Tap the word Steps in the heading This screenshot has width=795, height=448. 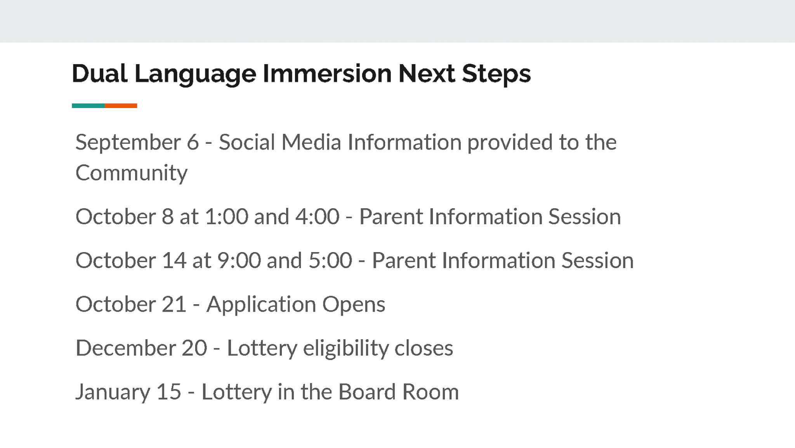pos(496,74)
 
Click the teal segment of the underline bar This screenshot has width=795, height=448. pos(88,106)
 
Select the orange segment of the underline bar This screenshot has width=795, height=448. pos(121,106)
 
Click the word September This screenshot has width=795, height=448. pos(128,143)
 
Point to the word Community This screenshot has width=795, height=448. pos(131,173)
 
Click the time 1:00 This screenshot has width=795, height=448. pos(227,216)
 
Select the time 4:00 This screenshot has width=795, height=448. pos(318,216)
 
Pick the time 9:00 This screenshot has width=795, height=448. pos(239,260)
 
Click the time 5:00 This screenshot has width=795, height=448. pos(330,260)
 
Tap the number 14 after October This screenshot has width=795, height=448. pos(174,260)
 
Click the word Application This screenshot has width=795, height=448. pos(261,305)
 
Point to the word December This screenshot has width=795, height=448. pos(126,348)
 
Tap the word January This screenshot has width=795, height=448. pos(113,392)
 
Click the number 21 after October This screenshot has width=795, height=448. pos(174,304)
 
